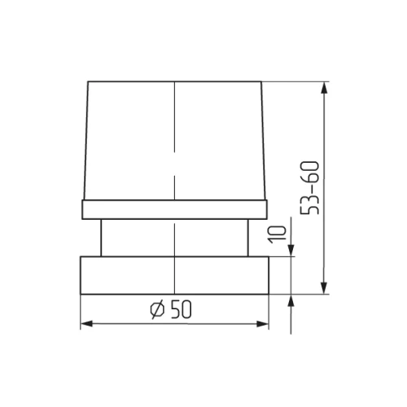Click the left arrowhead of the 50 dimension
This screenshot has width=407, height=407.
[x=85, y=325]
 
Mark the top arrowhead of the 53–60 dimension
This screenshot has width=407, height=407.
[x=326, y=87]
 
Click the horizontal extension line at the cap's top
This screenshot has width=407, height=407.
[x=297, y=81]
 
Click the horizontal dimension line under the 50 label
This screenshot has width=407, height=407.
[x=212, y=325]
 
